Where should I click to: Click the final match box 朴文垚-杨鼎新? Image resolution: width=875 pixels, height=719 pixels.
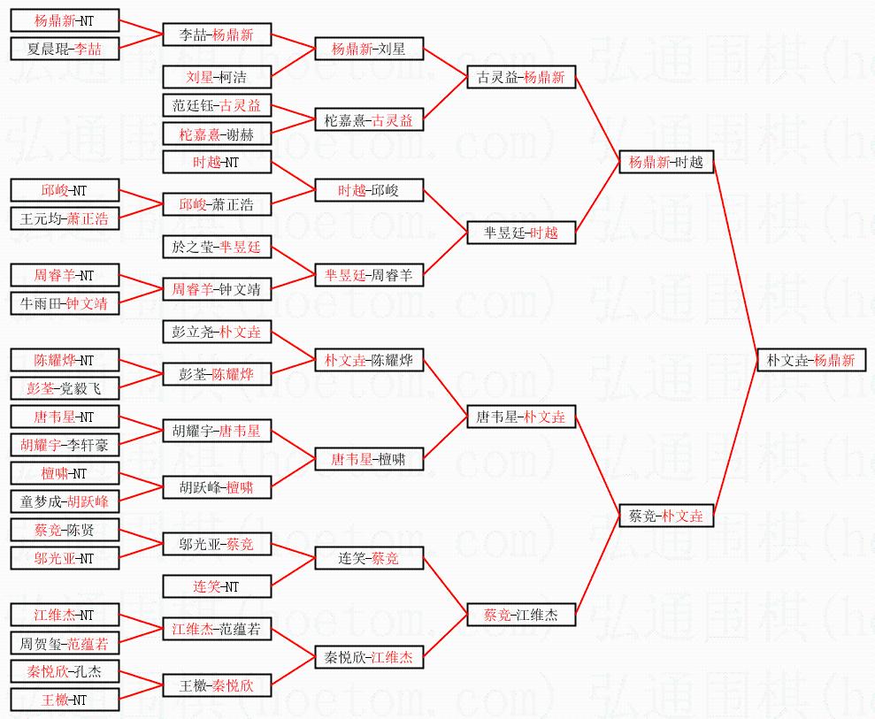pyautogui.click(x=811, y=360)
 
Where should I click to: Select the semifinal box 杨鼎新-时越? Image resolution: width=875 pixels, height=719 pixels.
pyautogui.click(x=666, y=162)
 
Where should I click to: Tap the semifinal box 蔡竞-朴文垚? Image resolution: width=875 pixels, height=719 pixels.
pyautogui.click(x=666, y=516)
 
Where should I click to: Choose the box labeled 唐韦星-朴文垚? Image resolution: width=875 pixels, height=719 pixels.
pyautogui.click(x=521, y=417)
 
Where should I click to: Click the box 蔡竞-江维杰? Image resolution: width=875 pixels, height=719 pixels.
pyautogui.click(x=521, y=615)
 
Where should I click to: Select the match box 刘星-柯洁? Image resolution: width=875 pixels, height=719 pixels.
pyautogui.click(x=217, y=77)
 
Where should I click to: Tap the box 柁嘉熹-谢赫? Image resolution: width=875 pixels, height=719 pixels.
pyautogui.click(x=217, y=134)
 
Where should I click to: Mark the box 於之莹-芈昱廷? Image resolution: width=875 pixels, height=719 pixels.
pyautogui.click(x=217, y=247)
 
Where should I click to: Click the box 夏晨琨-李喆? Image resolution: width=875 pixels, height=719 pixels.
pyautogui.click(x=65, y=49)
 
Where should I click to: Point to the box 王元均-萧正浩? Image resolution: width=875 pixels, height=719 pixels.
pyautogui.click(x=65, y=218)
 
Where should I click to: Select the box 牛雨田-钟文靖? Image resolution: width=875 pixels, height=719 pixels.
pyautogui.click(x=65, y=303)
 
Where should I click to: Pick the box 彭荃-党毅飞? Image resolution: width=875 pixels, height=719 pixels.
pyautogui.click(x=65, y=388)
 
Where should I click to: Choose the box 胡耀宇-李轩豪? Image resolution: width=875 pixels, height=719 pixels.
pyautogui.click(x=65, y=445)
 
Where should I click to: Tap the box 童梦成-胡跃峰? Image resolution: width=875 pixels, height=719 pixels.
pyautogui.click(x=65, y=501)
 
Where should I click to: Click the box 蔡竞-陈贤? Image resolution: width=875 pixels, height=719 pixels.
pyautogui.click(x=65, y=530)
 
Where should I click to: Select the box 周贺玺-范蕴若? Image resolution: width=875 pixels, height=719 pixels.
pyautogui.click(x=65, y=643)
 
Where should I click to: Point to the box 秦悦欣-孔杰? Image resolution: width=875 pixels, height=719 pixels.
pyautogui.click(x=65, y=671)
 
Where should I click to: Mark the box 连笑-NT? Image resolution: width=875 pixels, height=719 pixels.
pyautogui.click(x=217, y=586)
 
